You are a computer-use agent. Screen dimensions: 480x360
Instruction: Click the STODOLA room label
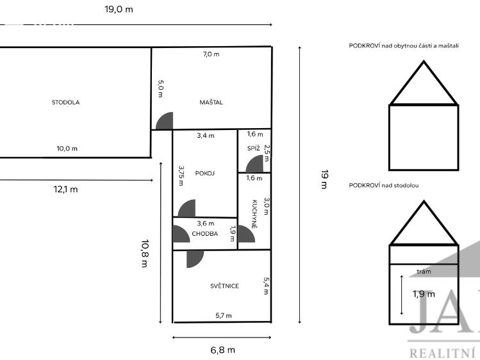point(65,102)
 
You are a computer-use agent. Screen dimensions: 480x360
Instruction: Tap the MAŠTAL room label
point(211,102)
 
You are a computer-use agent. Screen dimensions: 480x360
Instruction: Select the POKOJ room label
point(205,174)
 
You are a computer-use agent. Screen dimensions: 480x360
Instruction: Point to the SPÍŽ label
point(254,149)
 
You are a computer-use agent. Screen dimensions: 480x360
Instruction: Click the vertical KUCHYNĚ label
point(254,214)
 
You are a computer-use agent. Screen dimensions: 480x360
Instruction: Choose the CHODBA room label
point(205,234)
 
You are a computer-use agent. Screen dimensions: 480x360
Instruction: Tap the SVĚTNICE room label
point(224,286)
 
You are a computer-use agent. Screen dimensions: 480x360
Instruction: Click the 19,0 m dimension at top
point(119,10)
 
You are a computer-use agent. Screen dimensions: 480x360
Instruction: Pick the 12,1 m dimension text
point(65,190)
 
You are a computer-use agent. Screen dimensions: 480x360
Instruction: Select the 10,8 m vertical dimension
point(145,254)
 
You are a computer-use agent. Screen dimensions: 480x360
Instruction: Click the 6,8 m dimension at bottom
point(222,350)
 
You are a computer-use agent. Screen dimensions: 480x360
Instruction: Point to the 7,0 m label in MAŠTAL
point(211,54)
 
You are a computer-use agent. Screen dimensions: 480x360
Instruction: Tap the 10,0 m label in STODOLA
point(67,149)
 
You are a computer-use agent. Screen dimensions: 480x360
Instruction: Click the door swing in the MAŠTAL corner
point(165,121)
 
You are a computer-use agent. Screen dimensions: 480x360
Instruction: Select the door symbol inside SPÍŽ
point(254,163)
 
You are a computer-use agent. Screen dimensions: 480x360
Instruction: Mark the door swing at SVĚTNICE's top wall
point(195,259)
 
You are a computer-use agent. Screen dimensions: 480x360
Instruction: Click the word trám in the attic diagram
point(424,272)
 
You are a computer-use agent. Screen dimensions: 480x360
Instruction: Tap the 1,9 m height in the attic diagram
point(424,294)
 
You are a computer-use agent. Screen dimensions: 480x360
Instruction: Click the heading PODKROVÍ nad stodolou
point(384,185)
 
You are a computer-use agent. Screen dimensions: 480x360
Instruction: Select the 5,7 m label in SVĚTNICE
point(224,315)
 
